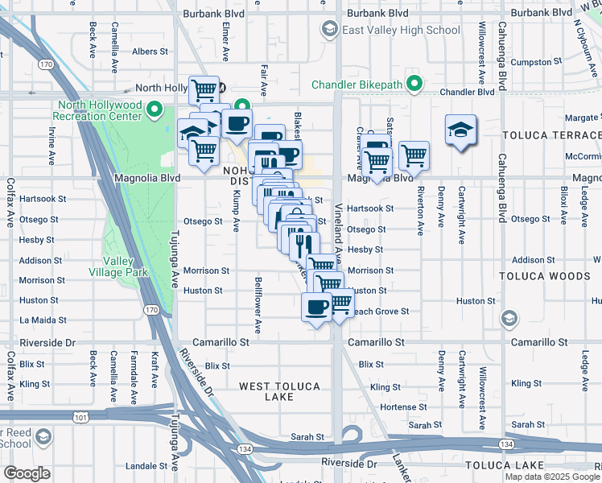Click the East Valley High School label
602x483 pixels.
pos(401,30)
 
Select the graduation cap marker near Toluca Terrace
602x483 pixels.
pos(460,130)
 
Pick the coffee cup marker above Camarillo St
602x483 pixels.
pos(316,308)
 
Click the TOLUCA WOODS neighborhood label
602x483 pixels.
pos(550,276)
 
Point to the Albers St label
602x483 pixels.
pos(150,52)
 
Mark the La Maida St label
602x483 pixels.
pos(37,320)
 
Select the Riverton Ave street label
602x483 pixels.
pos(420,210)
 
